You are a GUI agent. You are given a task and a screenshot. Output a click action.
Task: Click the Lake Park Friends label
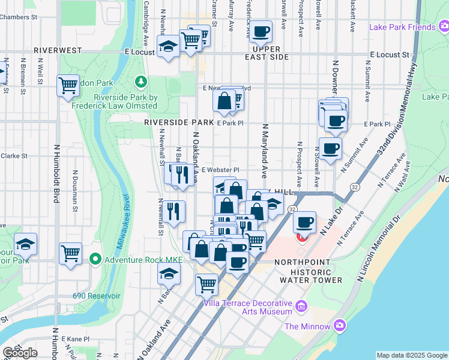402,27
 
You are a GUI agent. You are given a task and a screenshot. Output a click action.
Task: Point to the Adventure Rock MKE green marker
95,259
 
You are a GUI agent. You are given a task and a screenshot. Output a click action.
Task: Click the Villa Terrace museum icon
301,307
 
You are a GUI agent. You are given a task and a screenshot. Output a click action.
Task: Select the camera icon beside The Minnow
340,326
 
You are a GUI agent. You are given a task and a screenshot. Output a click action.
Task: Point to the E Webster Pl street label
221,170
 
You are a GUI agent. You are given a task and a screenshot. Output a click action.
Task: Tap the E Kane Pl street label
74,340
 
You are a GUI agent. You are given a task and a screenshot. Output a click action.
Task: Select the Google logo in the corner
20,352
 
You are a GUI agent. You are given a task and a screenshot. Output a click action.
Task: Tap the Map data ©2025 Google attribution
411,355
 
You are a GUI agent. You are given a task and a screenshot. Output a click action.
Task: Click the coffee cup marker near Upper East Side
261,31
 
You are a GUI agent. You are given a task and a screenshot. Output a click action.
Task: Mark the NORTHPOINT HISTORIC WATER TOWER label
309,271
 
